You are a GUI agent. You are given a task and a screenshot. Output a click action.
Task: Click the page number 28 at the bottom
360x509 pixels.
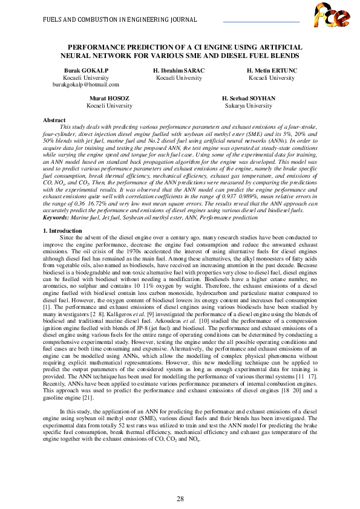tap(180, 482)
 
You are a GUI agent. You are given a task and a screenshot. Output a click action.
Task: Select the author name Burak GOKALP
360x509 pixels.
tap(86, 71)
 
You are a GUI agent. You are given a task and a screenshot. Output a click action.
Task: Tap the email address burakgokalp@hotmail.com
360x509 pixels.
tap(86, 85)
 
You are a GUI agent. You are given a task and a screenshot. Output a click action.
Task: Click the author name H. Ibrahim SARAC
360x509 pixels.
tap(179, 71)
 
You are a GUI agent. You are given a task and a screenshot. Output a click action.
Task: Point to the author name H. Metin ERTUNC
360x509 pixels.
tap(272, 71)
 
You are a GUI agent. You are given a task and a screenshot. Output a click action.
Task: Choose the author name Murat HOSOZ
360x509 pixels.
tap(109, 98)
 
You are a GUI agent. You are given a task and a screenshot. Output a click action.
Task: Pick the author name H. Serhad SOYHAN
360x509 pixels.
tap(248, 98)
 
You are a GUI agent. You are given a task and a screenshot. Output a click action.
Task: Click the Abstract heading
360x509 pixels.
tap(56, 120)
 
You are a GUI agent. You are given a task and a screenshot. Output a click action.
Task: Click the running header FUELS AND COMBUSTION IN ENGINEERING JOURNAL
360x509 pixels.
tap(120, 19)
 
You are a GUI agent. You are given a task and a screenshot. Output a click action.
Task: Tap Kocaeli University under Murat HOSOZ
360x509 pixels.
tap(109, 105)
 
